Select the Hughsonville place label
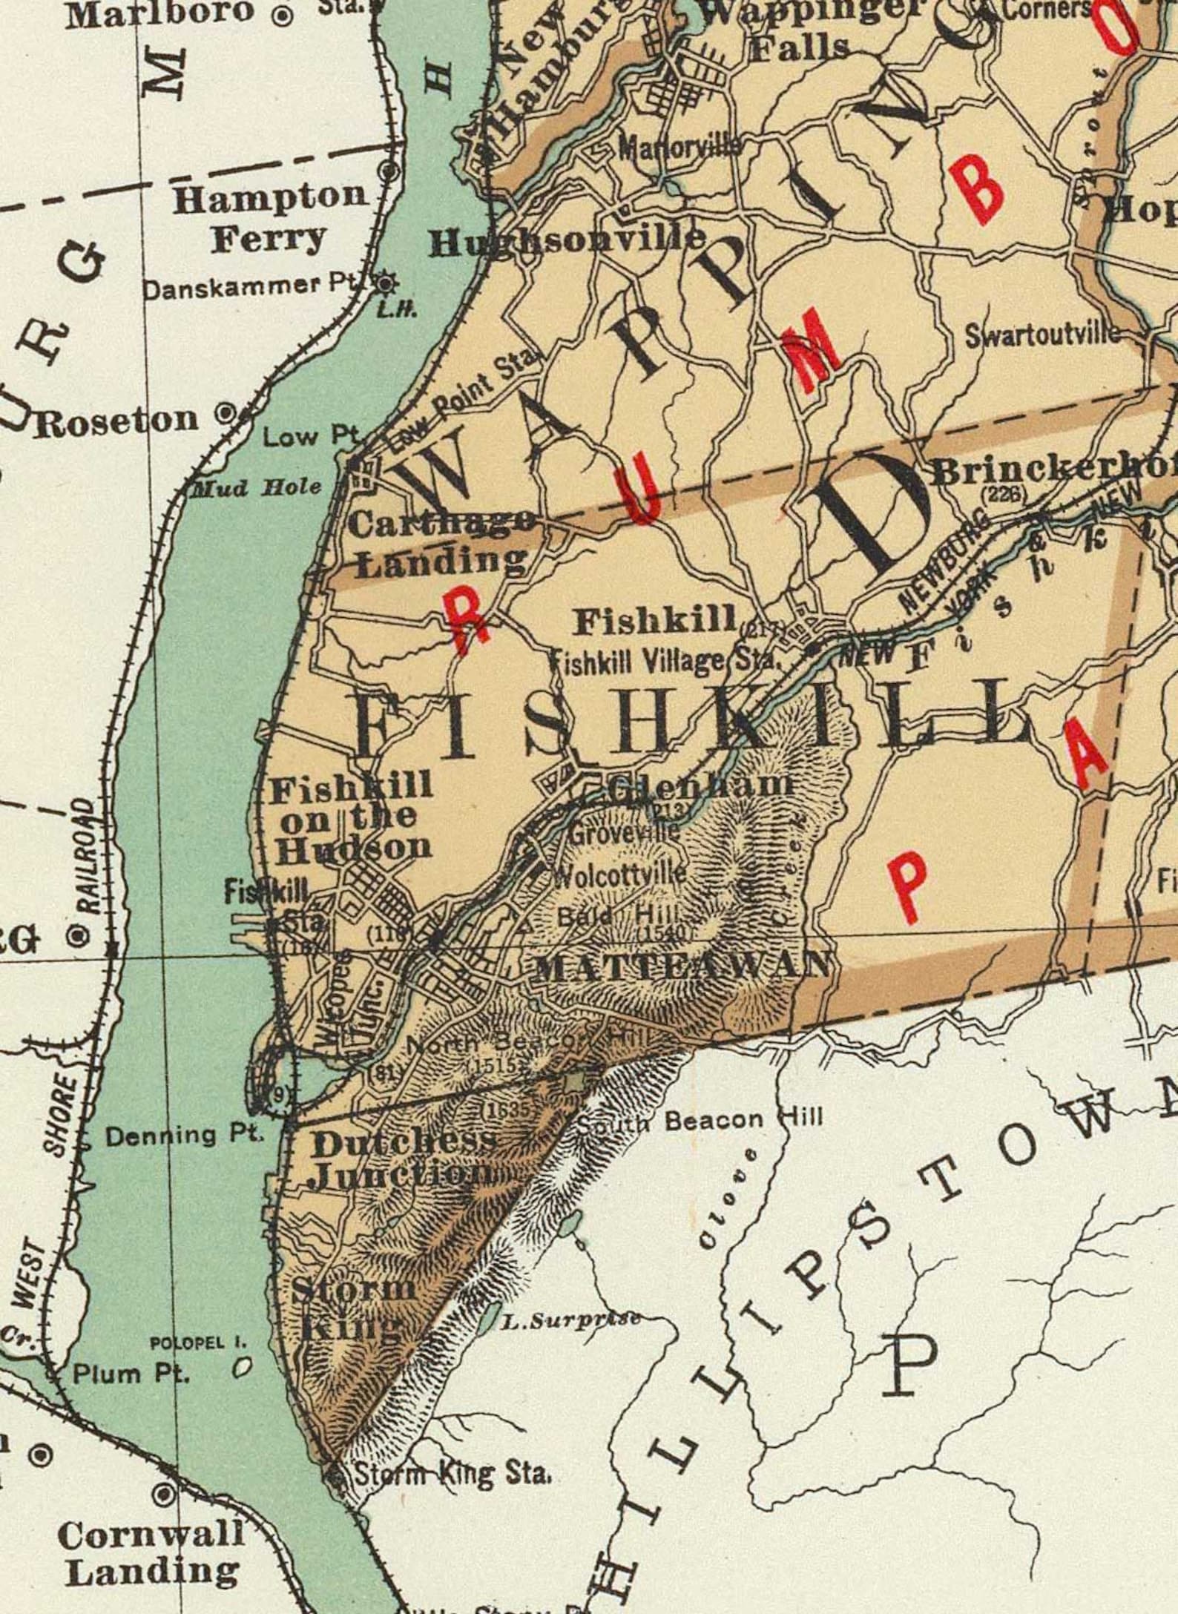tap(567, 240)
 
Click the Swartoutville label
tap(1042, 335)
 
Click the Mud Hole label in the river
tap(257, 488)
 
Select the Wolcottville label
tap(620, 875)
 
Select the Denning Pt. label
tap(185, 1135)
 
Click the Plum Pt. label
tap(131, 1394)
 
